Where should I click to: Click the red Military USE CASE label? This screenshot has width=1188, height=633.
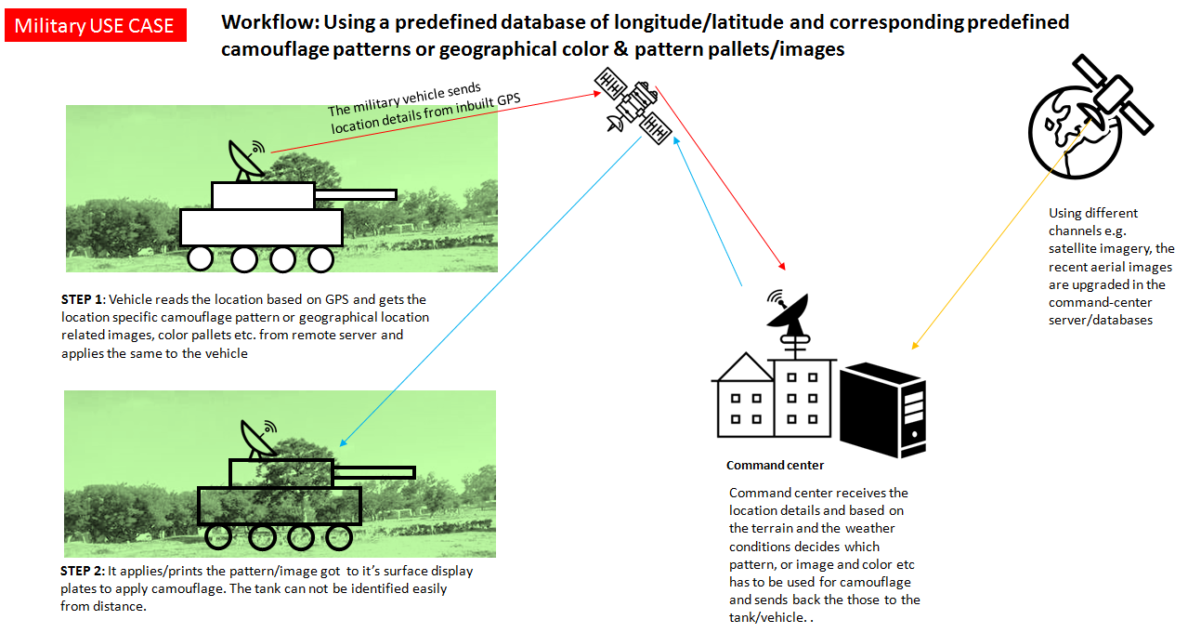point(95,25)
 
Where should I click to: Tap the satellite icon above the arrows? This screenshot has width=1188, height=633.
point(634,105)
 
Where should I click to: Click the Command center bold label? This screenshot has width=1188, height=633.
point(775,465)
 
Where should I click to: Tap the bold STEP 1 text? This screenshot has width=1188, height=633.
point(84,299)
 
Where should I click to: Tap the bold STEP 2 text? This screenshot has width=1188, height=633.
point(84,571)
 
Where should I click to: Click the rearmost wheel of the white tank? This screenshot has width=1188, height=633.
point(202,259)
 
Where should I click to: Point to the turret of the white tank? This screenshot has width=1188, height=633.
point(263,195)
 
